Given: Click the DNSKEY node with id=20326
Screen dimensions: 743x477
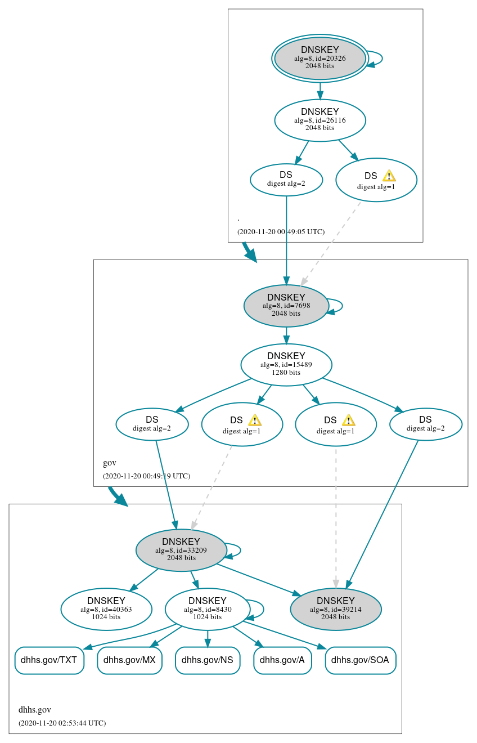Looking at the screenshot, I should [x=319, y=58].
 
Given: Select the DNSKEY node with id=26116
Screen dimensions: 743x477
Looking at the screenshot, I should [x=319, y=120].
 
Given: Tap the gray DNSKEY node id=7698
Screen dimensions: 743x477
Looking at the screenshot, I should [x=286, y=306].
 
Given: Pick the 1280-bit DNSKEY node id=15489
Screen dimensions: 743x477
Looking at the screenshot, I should [x=286, y=365].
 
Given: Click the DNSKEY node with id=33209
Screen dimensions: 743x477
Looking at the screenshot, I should [x=181, y=550].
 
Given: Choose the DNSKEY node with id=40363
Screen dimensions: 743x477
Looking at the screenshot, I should [x=106, y=609].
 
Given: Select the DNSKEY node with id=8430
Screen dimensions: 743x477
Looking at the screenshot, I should [x=207, y=609].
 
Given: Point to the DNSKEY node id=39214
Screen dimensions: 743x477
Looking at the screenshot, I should [x=335, y=609].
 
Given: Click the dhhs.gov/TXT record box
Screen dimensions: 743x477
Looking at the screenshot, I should [x=49, y=660].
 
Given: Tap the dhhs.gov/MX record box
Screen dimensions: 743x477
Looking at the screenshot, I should [x=129, y=660].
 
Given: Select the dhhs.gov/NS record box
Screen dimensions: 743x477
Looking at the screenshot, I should [x=208, y=660].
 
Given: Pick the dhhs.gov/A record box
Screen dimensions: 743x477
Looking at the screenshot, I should [x=282, y=660].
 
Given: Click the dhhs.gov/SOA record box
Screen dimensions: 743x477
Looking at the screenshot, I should [x=361, y=660].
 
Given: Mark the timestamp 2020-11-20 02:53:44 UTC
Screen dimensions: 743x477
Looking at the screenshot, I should [x=62, y=723].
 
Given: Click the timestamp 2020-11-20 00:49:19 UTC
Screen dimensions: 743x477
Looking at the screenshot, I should [x=146, y=476].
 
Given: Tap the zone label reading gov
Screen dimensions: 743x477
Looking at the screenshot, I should [x=109, y=463].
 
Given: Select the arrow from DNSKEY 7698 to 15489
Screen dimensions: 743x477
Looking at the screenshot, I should [x=286, y=335].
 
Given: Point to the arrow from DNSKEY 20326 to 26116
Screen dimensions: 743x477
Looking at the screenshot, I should [x=319, y=91].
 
